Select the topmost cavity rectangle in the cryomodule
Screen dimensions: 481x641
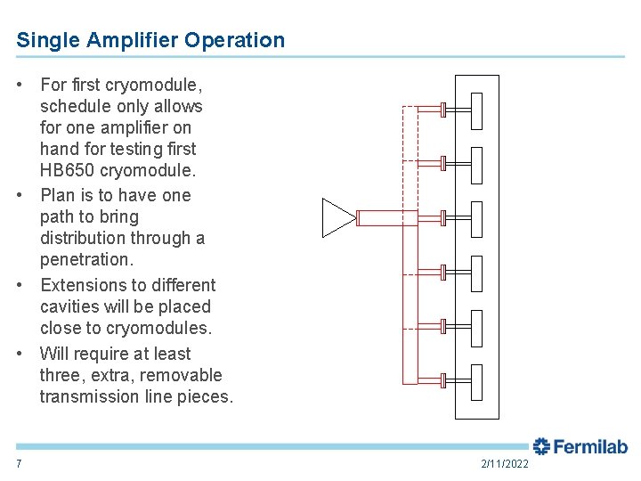point(476,110)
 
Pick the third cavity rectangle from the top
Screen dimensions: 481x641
point(476,219)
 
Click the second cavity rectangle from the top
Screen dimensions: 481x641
point(476,165)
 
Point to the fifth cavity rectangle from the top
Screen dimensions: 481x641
point(476,328)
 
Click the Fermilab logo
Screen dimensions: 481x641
point(580,447)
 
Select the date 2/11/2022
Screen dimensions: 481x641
point(505,464)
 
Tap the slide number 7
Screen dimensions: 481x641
point(19,464)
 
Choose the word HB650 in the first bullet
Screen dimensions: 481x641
point(69,170)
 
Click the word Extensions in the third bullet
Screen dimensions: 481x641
point(83,285)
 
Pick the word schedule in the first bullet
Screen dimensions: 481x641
point(76,106)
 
